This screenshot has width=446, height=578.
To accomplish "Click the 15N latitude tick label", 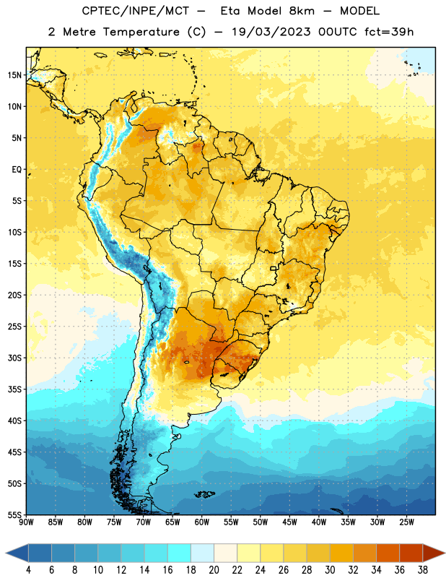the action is [x=14, y=75].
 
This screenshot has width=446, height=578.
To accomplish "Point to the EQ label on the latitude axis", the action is [x=17, y=170].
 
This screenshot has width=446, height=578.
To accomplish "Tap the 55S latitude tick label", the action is [x=14, y=515].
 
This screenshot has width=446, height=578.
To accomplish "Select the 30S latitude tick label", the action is [x=14, y=358].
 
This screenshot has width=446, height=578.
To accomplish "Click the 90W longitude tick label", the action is [x=26, y=522].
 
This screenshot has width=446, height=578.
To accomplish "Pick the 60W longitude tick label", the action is [x=202, y=522].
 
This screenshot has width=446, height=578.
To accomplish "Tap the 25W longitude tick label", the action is [x=406, y=522].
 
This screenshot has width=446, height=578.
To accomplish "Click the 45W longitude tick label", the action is [x=289, y=522].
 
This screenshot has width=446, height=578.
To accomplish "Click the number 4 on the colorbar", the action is [x=28, y=570].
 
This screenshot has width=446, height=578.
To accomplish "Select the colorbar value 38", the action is [x=423, y=570].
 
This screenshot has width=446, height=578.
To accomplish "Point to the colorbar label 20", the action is [x=214, y=570].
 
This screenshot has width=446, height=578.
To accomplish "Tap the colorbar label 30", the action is [x=330, y=570].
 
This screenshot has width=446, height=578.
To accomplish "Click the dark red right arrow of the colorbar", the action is [x=433, y=553].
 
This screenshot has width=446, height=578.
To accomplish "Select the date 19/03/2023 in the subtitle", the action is [x=271, y=32].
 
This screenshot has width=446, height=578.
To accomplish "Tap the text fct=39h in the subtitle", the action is [x=389, y=32].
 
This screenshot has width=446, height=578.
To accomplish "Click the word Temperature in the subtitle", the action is [x=141, y=32].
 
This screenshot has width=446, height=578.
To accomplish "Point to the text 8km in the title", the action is [x=302, y=11].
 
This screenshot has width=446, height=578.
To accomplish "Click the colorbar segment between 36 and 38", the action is [x=411, y=553].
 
